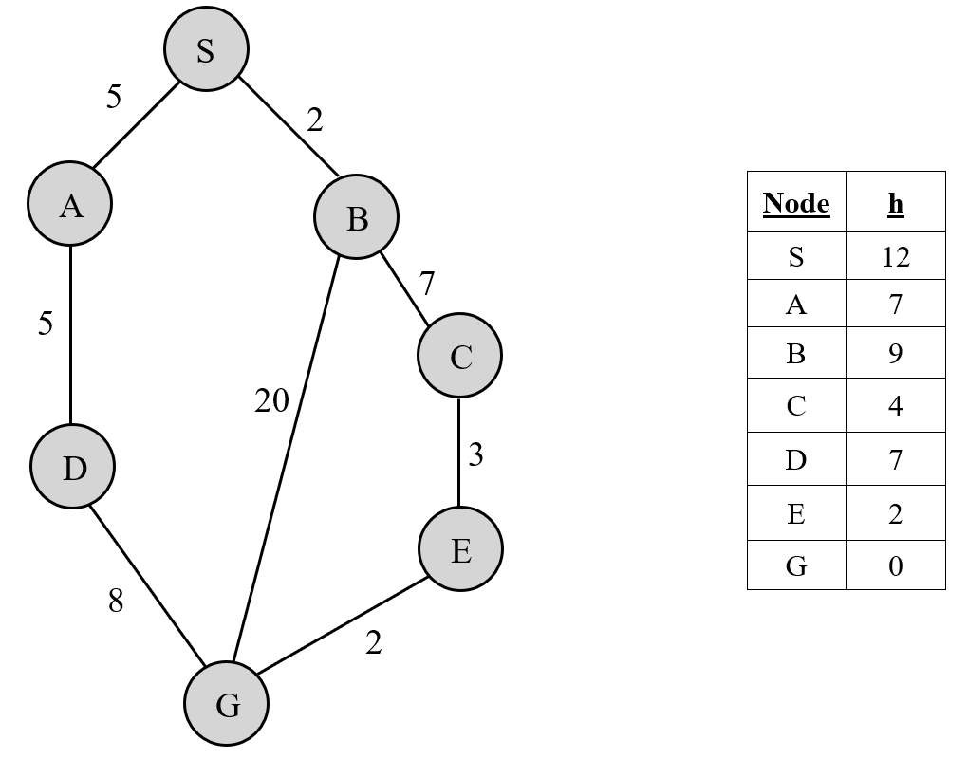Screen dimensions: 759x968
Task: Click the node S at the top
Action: [x=206, y=49]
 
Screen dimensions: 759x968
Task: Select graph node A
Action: [x=70, y=204]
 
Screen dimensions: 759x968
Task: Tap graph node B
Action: [x=357, y=217]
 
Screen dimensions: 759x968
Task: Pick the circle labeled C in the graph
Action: [x=460, y=357]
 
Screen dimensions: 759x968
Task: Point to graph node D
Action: [x=73, y=467]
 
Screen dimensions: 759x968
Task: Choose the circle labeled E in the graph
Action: [x=461, y=549]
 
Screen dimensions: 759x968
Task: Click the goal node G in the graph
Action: [x=227, y=704]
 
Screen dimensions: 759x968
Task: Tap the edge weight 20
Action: [x=271, y=401]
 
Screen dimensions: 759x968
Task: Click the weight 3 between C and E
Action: [x=475, y=455]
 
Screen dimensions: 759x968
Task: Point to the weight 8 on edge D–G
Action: [x=115, y=601]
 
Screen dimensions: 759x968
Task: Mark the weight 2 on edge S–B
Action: [x=314, y=120]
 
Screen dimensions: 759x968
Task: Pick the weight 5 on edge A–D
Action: [x=46, y=324]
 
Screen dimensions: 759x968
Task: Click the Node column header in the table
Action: [x=795, y=203]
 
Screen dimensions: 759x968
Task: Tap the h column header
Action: [x=895, y=203]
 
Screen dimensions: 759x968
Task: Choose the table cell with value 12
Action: [x=895, y=256]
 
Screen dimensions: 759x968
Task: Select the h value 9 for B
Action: [x=895, y=354]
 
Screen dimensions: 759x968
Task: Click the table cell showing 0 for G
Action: [x=895, y=566]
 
